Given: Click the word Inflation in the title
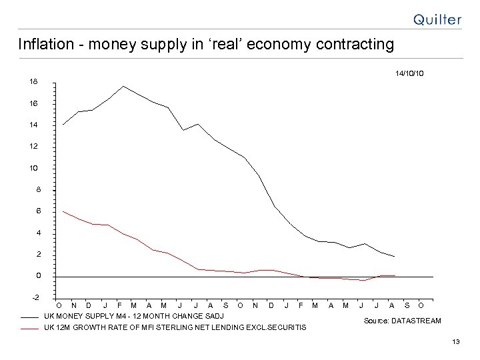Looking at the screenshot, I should [42, 45].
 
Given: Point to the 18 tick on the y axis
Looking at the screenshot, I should [33, 81].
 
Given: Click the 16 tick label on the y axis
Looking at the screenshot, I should [33, 103].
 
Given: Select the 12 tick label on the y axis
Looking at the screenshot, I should [33, 146].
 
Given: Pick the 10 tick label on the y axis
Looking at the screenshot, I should [33, 167].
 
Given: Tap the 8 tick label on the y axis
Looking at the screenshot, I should [38, 189].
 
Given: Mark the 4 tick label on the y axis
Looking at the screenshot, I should [38, 233].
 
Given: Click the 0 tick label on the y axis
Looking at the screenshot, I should [38, 275].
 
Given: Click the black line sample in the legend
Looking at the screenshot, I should [30, 316].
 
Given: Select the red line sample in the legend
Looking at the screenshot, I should [30, 328].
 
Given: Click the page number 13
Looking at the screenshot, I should [456, 342].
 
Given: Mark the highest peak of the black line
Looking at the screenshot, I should [123, 86].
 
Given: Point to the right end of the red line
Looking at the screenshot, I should [395, 275].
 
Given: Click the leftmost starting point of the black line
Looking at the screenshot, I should [63, 125].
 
